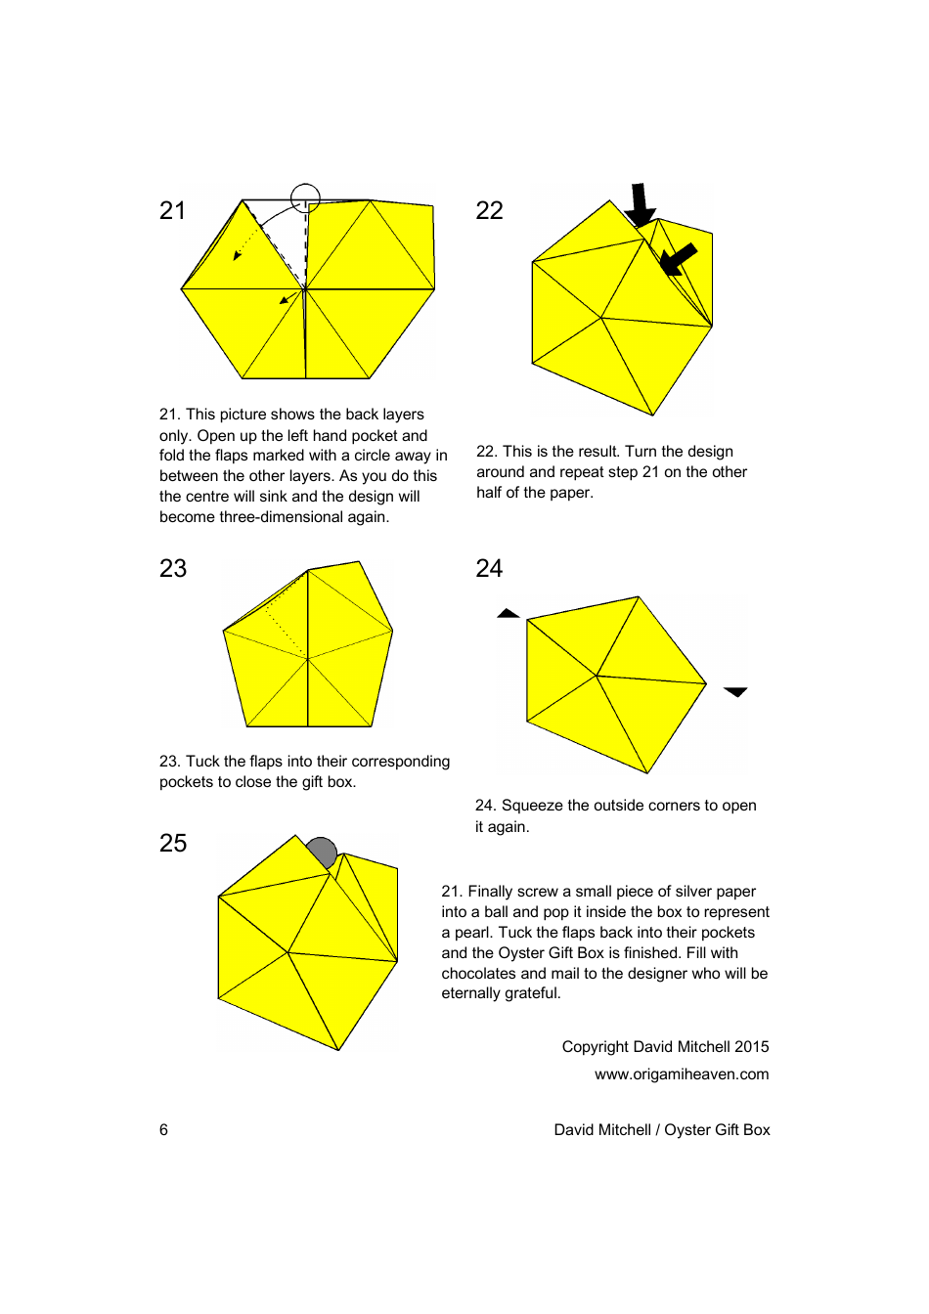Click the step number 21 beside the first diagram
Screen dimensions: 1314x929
172,210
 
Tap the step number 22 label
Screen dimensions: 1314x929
489,210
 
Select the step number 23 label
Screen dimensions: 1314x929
173,568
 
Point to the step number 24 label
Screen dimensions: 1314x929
489,568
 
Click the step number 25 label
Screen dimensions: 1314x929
173,843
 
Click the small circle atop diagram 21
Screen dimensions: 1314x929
305,197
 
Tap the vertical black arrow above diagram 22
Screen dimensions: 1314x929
640,204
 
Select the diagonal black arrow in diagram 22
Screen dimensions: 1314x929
678,259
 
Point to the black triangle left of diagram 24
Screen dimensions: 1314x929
509,614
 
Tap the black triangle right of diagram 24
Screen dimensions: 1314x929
735,691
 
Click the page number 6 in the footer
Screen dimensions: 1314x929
163,1129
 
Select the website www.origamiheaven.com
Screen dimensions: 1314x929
682,1073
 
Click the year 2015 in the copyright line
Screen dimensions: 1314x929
751,1046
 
